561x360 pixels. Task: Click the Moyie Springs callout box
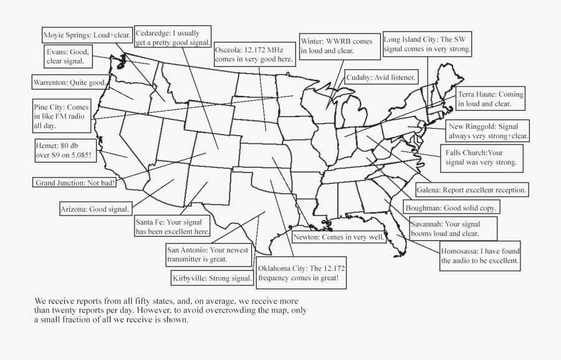(87, 35)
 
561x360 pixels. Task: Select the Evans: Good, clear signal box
(69, 57)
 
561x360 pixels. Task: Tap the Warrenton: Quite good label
(70, 82)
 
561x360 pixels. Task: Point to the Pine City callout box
(62, 116)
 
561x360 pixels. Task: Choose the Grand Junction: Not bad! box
(74, 183)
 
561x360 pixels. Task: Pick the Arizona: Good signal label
(95, 209)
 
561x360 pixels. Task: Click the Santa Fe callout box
(172, 225)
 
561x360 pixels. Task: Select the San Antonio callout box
(207, 254)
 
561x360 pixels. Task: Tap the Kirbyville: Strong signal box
(212, 278)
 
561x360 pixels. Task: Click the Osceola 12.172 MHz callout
(254, 54)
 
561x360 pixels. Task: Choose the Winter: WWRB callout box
(337, 46)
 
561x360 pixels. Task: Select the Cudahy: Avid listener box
(381, 77)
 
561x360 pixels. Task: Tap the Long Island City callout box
(428, 43)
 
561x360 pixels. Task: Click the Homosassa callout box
(481, 256)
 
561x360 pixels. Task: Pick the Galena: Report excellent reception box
(472, 189)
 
